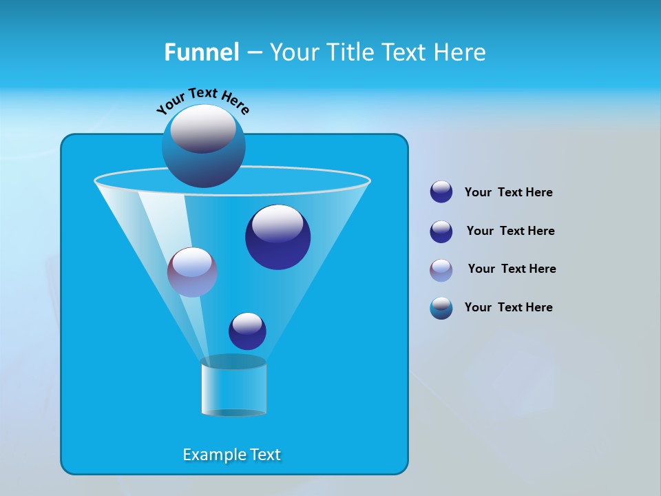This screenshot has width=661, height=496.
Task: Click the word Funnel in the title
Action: pyautogui.click(x=201, y=52)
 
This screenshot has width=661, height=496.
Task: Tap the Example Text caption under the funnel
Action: pyautogui.click(x=231, y=455)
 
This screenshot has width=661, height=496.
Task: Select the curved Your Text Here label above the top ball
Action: pyautogui.click(x=202, y=100)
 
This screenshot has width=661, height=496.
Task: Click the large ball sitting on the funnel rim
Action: pyautogui.click(x=204, y=146)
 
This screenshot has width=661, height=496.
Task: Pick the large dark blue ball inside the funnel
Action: pyautogui.click(x=277, y=237)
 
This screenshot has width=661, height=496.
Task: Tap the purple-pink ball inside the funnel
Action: pyautogui.click(x=192, y=272)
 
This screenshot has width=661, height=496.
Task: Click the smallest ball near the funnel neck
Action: pyautogui.click(x=247, y=331)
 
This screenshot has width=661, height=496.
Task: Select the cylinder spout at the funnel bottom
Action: pyautogui.click(x=233, y=389)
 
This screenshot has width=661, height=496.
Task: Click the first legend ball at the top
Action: pyautogui.click(x=441, y=192)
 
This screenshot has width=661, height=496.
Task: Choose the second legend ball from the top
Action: pyautogui.click(x=441, y=231)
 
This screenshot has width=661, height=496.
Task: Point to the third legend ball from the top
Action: pyautogui.click(x=441, y=270)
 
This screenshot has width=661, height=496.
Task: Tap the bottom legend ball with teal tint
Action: pyautogui.click(x=441, y=308)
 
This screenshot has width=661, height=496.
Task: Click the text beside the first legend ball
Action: pyautogui.click(x=508, y=192)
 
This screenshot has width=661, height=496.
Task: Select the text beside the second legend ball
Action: pyautogui.click(x=510, y=231)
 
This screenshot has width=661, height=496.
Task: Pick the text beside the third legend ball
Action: pyautogui.click(x=512, y=269)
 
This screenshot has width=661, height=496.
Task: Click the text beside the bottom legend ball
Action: pyautogui.click(x=508, y=307)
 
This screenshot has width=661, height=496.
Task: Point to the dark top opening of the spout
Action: pyautogui.click(x=233, y=362)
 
